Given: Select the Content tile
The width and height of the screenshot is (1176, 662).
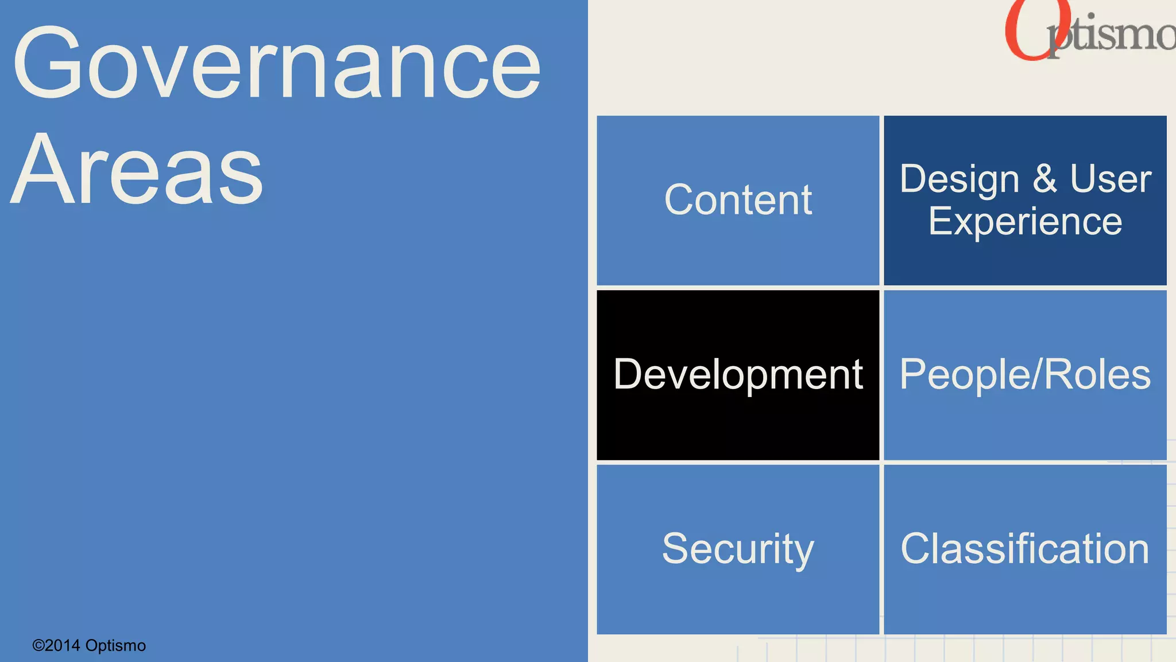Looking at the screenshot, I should coord(738,200).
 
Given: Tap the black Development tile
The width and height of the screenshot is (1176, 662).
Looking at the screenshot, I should coord(738,375).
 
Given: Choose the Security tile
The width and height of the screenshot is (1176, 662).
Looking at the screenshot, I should coord(738,549).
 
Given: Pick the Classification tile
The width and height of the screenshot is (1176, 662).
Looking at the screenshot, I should coord(1025,549).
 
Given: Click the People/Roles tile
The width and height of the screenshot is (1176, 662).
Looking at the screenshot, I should coord(1025,375).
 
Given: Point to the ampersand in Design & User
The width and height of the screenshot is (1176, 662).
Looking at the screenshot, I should coord(1045,179).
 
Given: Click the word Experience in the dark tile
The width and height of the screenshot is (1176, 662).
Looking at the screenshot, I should coord(1025,222).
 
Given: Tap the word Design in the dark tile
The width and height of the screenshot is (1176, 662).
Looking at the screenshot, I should coord(959,180).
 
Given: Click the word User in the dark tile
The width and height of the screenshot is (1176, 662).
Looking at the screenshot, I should coord(1111,179).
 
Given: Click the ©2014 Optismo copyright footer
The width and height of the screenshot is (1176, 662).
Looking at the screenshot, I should coord(89,645).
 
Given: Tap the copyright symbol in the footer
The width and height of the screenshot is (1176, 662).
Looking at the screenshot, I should coord(38,645).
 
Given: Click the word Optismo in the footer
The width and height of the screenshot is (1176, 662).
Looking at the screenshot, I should coord(115,645).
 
